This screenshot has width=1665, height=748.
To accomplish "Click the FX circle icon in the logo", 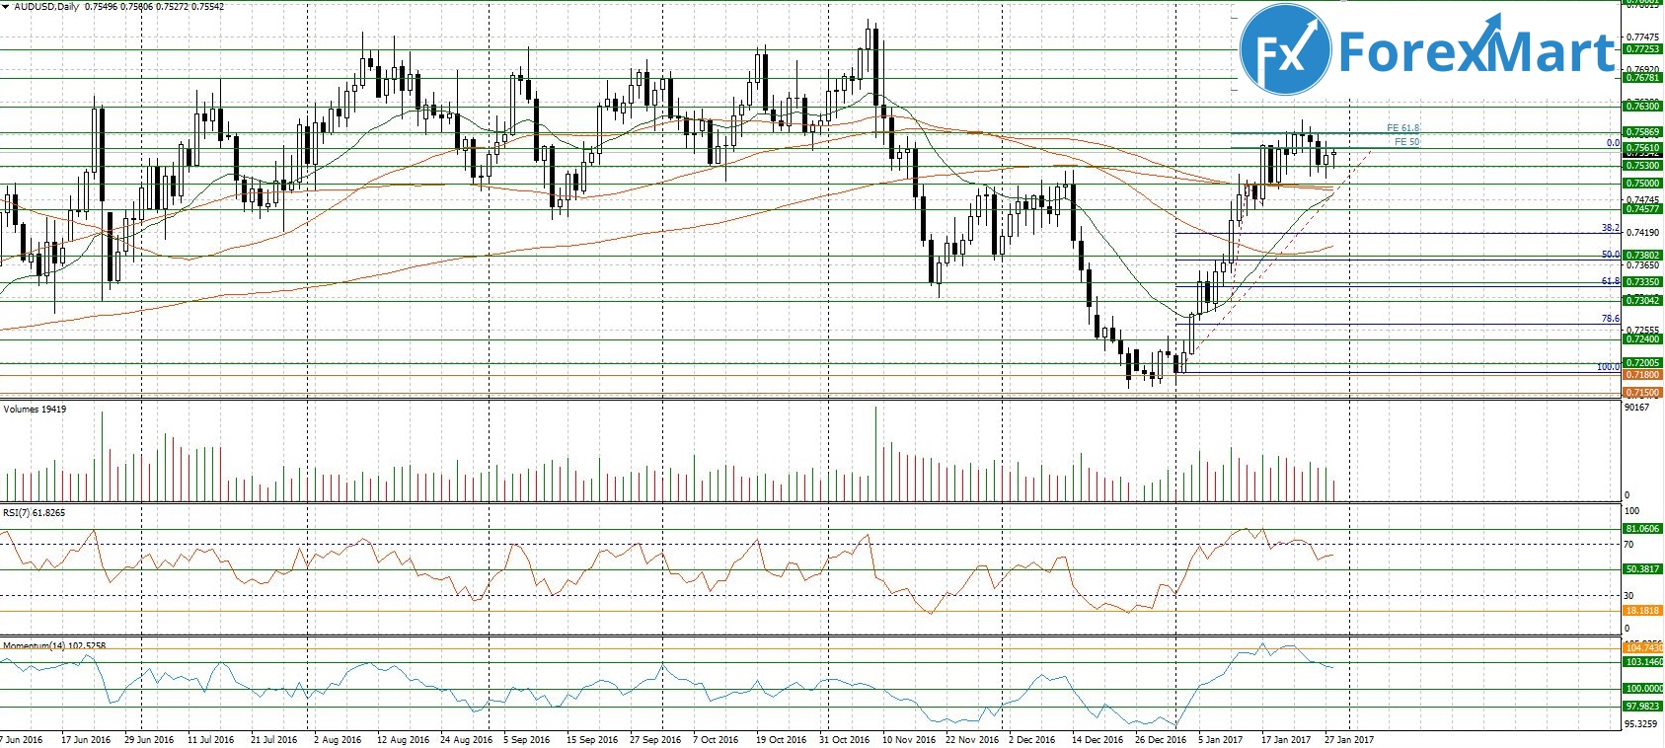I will [x=1283, y=50].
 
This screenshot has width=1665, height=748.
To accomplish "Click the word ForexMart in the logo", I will [x=1476, y=50].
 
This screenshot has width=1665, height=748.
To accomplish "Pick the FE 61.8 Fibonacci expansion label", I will [x=1402, y=128].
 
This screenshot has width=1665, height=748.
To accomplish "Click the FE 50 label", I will [x=1406, y=142].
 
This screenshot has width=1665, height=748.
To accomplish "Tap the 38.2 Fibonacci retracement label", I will [x=1610, y=228].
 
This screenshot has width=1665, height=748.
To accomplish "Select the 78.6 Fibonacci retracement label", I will [x=1610, y=319].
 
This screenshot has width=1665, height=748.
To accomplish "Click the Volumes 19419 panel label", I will [x=36, y=409].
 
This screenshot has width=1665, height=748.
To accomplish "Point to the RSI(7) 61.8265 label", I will [x=34, y=513].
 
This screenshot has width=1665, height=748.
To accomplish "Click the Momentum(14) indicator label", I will [x=54, y=645].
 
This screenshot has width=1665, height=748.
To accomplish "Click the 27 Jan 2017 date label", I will [x=1348, y=739].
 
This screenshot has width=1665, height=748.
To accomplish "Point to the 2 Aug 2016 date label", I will [x=337, y=739].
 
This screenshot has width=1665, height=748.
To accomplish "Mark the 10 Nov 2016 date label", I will [x=909, y=739].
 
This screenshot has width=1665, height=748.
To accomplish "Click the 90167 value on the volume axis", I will [x=1637, y=407].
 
